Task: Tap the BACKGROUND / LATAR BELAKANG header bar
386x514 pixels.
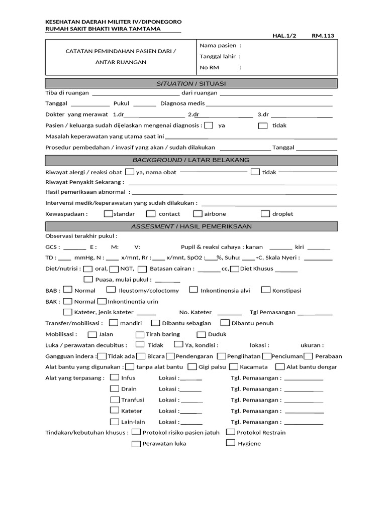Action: (191, 160)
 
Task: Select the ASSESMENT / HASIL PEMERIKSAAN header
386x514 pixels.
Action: (191, 226)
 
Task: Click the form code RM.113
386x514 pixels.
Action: (323, 36)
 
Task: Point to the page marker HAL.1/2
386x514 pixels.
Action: (284, 36)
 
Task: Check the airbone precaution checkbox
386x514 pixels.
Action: (197, 213)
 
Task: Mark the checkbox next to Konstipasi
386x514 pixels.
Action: (263, 290)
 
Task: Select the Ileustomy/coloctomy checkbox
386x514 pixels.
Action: (111, 290)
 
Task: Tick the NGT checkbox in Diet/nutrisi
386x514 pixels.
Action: (114, 269)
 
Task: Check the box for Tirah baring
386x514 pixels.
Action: (140, 334)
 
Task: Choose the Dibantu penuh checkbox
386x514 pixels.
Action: (225, 323)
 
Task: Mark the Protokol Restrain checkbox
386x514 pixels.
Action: (230, 432)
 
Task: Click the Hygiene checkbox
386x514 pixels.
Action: (230, 443)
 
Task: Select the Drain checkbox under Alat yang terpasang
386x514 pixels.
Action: (115, 389)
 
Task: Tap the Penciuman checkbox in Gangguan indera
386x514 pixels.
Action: (267, 356)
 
